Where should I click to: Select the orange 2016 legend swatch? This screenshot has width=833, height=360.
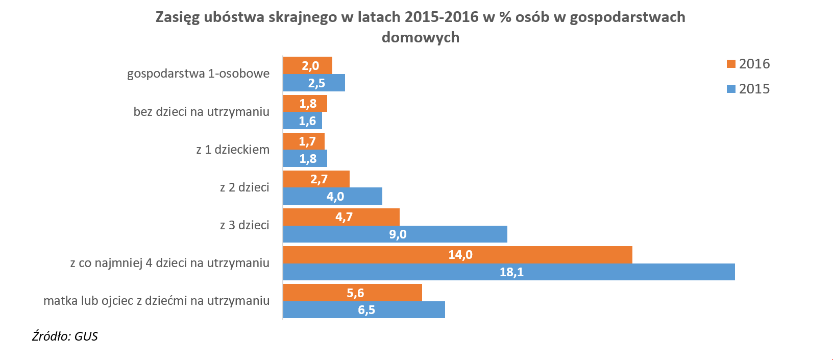731,64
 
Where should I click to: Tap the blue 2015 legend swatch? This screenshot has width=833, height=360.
731,89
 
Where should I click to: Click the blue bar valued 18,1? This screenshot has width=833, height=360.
509,272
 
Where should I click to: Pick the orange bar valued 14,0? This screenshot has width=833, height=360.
457,255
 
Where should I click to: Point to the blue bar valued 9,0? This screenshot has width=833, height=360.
395,234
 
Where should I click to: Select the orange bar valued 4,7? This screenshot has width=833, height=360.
341,217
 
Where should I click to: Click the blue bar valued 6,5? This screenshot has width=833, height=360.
364,310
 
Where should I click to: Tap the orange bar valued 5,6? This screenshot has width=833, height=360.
352,293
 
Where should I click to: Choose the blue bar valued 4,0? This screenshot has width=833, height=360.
332,197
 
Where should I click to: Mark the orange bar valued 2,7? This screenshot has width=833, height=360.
316,179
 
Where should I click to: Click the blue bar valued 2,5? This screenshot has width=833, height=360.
314,83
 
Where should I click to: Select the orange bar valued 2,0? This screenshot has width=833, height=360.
307,65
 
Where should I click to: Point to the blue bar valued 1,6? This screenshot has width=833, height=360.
302,121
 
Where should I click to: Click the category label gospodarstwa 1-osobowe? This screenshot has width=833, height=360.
198,74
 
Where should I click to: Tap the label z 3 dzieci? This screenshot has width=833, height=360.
244,225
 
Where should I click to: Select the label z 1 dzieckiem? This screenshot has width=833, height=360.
233,150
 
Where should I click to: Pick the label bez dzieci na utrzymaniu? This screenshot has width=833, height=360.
201,112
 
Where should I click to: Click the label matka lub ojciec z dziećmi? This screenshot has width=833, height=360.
156,301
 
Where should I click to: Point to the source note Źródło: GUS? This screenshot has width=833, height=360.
65,336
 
